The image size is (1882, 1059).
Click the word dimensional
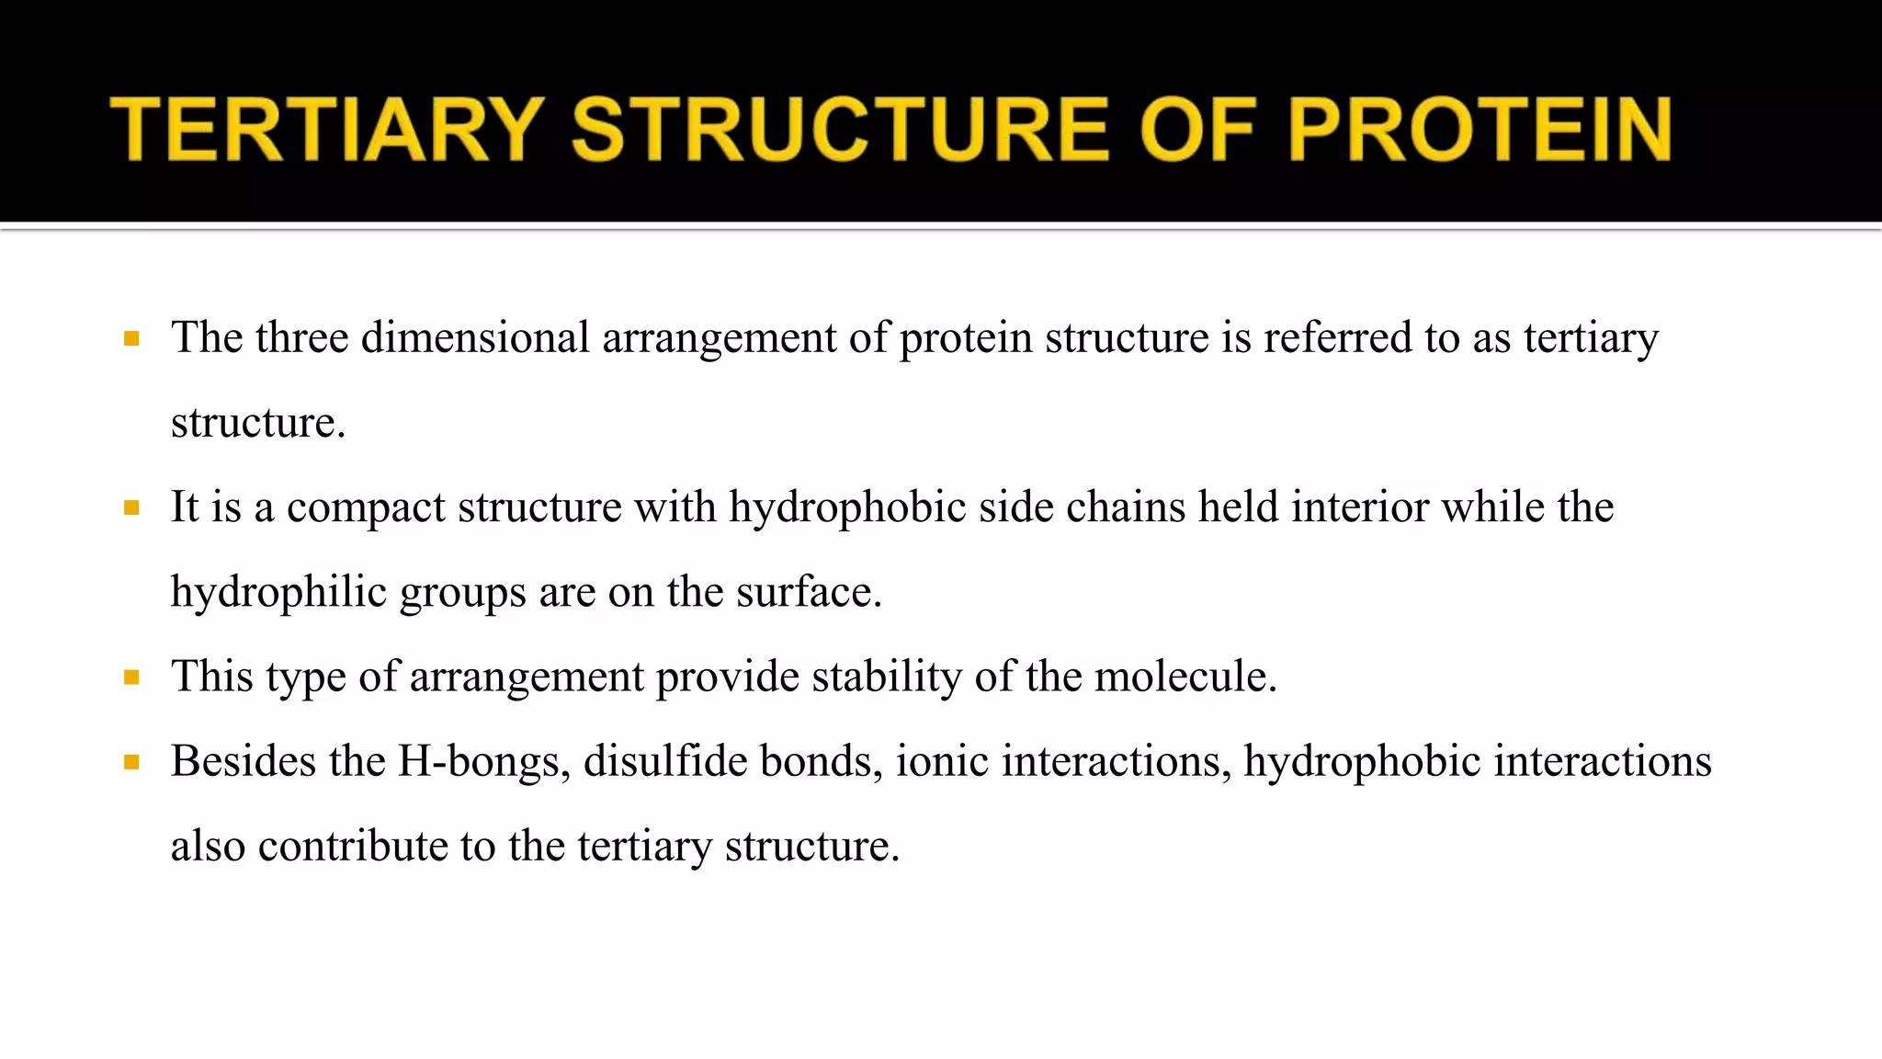475,337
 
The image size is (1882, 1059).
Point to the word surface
808,592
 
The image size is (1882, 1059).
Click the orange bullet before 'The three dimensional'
131,339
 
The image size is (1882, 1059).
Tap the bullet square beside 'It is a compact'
131,508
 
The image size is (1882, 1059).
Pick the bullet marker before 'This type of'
131,678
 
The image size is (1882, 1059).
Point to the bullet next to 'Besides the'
131,762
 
